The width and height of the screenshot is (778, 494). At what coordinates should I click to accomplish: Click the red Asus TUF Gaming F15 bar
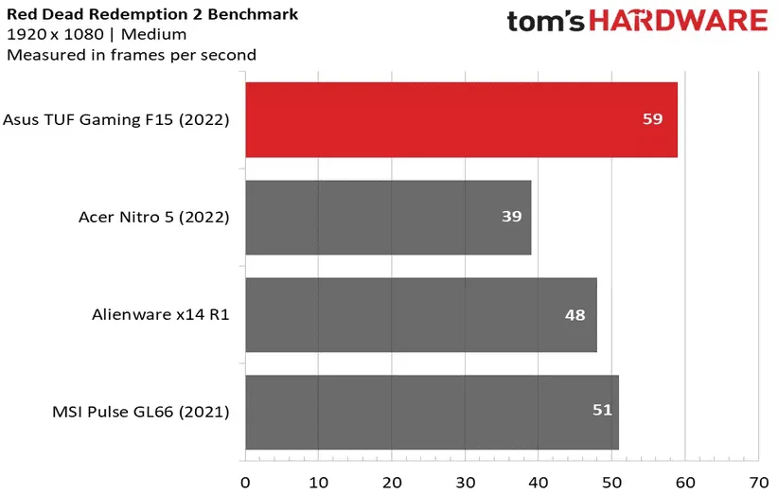tap(461, 119)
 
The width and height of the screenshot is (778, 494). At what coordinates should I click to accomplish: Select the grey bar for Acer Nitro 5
tap(388, 217)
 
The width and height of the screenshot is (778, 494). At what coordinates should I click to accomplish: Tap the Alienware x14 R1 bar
tap(421, 314)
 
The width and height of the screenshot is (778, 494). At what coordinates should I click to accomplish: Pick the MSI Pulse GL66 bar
tap(432, 412)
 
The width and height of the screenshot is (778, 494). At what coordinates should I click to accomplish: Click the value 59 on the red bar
tap(652, 119)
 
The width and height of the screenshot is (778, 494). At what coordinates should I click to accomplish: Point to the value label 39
tap(512, 217)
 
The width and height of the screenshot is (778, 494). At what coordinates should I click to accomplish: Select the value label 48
tap(575, 314)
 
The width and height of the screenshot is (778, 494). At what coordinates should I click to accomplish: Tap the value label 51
tap(602, 411)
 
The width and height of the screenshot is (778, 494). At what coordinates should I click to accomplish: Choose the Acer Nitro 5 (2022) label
tap(153, 217)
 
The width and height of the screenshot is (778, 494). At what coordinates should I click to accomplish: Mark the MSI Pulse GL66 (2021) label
tap(142, 412)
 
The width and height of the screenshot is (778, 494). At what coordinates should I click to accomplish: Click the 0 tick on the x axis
tap(246, 481)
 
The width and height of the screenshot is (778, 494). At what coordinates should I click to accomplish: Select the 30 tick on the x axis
tap(465, 481)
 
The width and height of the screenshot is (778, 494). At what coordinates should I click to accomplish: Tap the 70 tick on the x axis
tap(757, 481)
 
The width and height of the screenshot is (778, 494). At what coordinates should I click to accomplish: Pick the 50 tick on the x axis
tap(611, 481)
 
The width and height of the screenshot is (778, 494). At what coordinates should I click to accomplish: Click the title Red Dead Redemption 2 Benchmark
tap(151, 14)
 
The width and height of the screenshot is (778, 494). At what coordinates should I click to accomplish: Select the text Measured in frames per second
tap(132, 55)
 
